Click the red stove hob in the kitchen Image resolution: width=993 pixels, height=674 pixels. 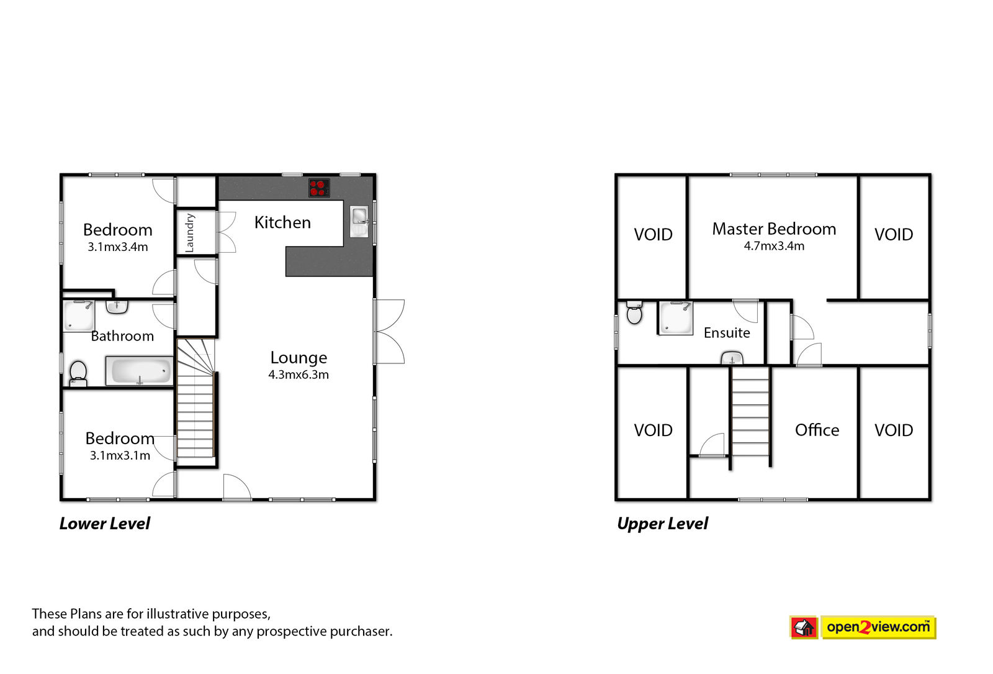[x=319, y=188]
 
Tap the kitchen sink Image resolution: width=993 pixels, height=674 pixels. [x=359, y=221]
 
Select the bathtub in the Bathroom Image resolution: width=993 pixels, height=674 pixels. [x=139, y=370]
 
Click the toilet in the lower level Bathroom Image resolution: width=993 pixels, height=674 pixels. [x=78, y=373]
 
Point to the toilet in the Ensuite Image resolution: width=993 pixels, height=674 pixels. [x=634, y=312]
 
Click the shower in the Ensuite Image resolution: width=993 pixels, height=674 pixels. [x=675, y=317]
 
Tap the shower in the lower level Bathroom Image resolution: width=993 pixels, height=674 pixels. [x=78, y=316]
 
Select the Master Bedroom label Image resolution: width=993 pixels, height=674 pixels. [x=774, y=229]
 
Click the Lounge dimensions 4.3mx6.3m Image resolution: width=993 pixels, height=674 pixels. [x=299, y=375]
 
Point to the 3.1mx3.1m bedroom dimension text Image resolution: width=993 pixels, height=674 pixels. [x=120, y=456]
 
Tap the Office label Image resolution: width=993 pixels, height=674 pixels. [x=817, y=430]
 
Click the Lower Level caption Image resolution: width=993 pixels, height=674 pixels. [x=105, y=524]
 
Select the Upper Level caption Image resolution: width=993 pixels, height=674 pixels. [x=663, y=524]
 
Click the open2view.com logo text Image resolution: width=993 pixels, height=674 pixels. [x=878, y=627]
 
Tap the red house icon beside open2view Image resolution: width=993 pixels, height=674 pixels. [x=804, y=627]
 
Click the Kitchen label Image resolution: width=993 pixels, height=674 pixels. [x=282, y=222]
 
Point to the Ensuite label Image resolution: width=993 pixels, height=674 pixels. [x=727, y=333]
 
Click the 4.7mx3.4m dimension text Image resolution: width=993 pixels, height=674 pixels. [x=774, y=246]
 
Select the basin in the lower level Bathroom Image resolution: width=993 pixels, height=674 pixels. [x=117, y=307]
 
